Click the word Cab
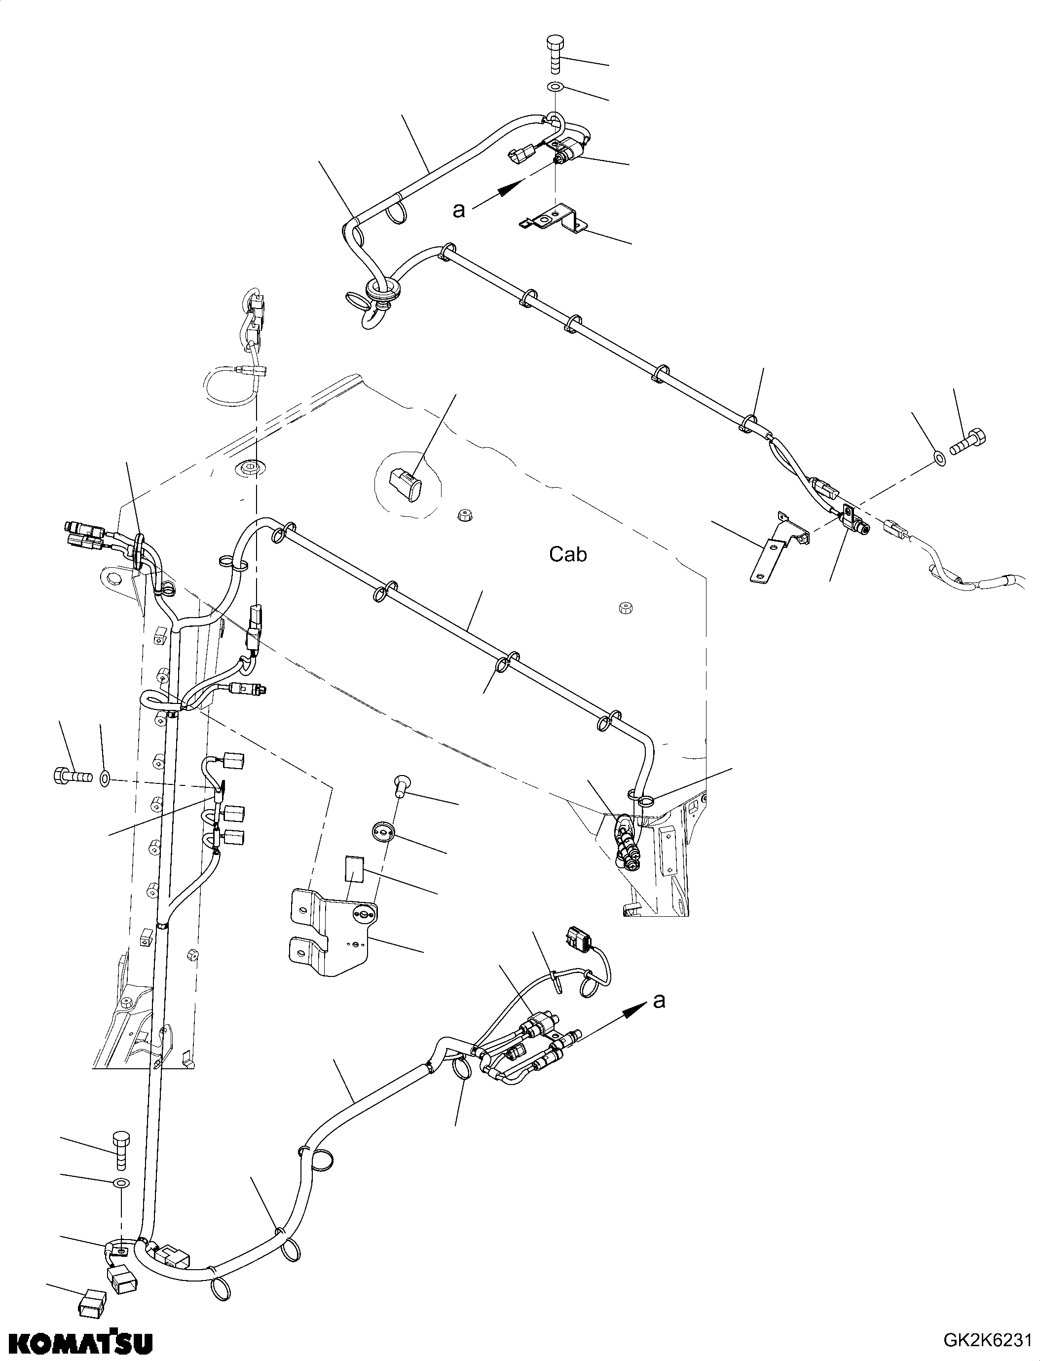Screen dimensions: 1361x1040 click(x=568, y=554)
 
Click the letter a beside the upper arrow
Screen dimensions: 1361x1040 click(x=459, y=211)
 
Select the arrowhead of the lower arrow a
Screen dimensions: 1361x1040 click(x=631, y=1011)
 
